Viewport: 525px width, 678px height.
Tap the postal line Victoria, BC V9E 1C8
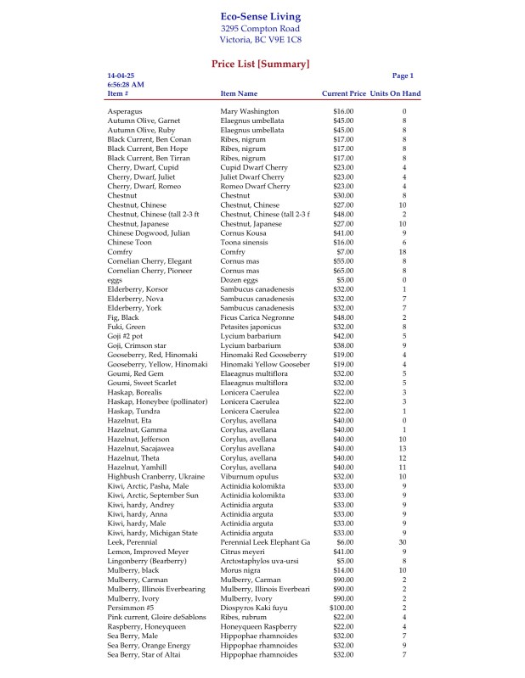click(x=260, y=40)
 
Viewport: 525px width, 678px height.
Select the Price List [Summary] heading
click(x=260, y=64)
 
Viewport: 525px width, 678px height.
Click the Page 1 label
click(x=403, y=76)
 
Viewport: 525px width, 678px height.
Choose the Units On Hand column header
click(x=395, y=93)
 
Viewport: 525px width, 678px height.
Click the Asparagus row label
click(x=125, y=111)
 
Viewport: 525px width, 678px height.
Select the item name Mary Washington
click(x=249, y=111)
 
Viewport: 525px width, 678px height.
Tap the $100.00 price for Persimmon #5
click(x=342, y=608)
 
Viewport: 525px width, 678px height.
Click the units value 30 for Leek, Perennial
click(x=404, y=542)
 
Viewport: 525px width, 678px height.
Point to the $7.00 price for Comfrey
click(x=344, y=252)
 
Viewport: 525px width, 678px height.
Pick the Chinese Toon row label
click(x=130, y=243)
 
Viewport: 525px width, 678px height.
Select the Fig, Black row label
click(x=123, y=317)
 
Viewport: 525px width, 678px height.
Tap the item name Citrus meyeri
click(x=245, y=552)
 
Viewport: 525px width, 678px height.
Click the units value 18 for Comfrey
click(x=404, y=252)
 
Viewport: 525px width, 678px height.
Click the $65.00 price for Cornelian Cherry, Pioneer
click(x=343, y=271)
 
